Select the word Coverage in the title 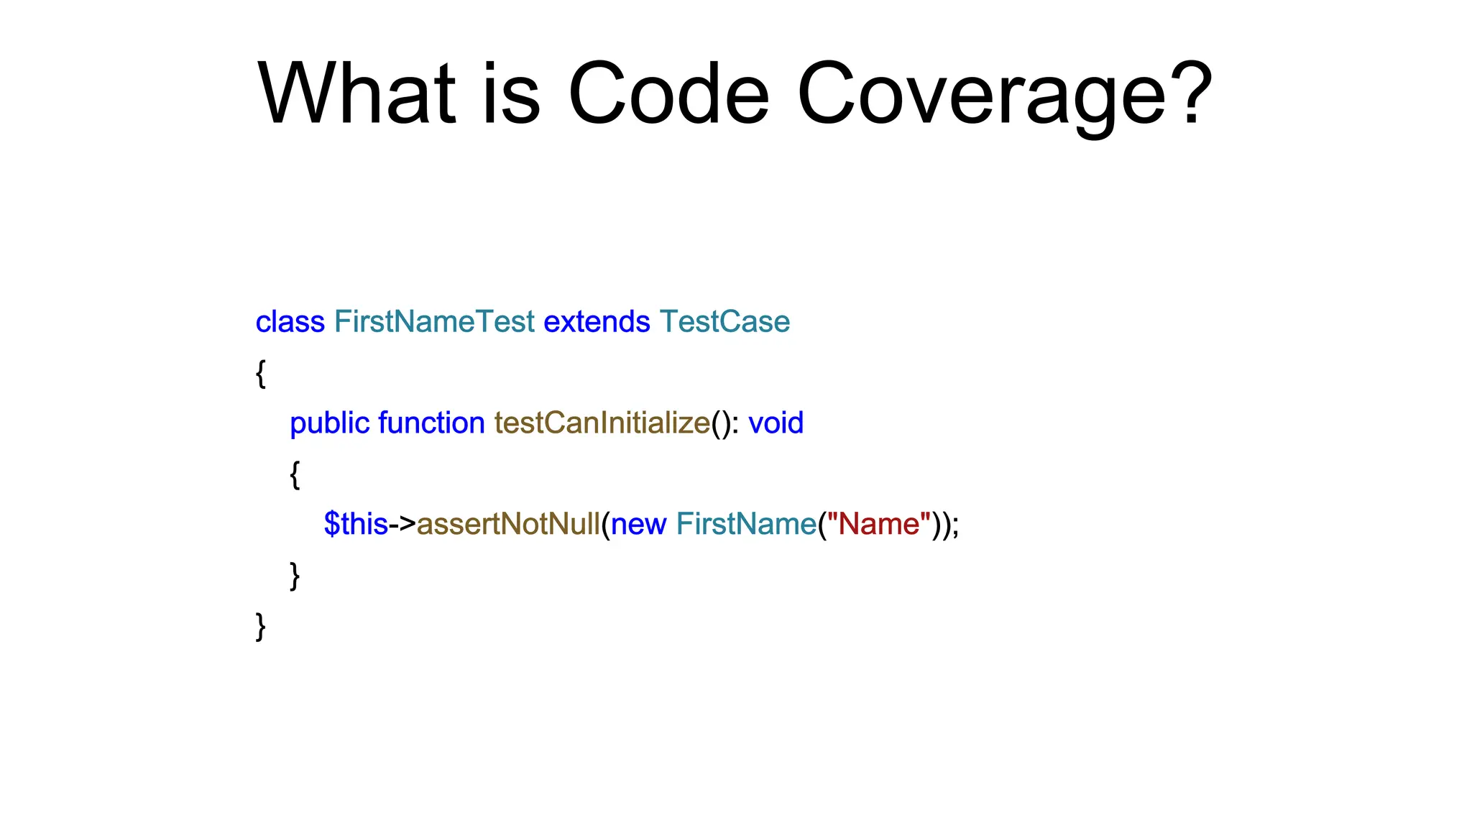pyautogui.click(x=981, y=97)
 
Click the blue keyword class pyautogui.click(x=290, y=321)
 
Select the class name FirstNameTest pyautogui.click(x=434, y=321)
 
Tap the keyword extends pyautogui.click(x=597, y=321)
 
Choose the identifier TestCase pyautogui.click(x=724, y=321)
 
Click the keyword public pyautogui.click(x=329, y=423)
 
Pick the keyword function pyautogui.click(x=431, y=423)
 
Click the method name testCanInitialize pyautogui.click(x=602, y=423)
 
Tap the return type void pyautogui.click(x=776, y=423)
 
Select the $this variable pyautogui.click(x=356, y=524)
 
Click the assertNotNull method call pyautogui.click(x=508, y=524)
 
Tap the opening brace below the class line pyautogui.click(x=261, y=373)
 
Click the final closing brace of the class pyautogui.click(x=261, y=626)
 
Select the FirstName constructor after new pyautogui.click(x=746, y=524)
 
